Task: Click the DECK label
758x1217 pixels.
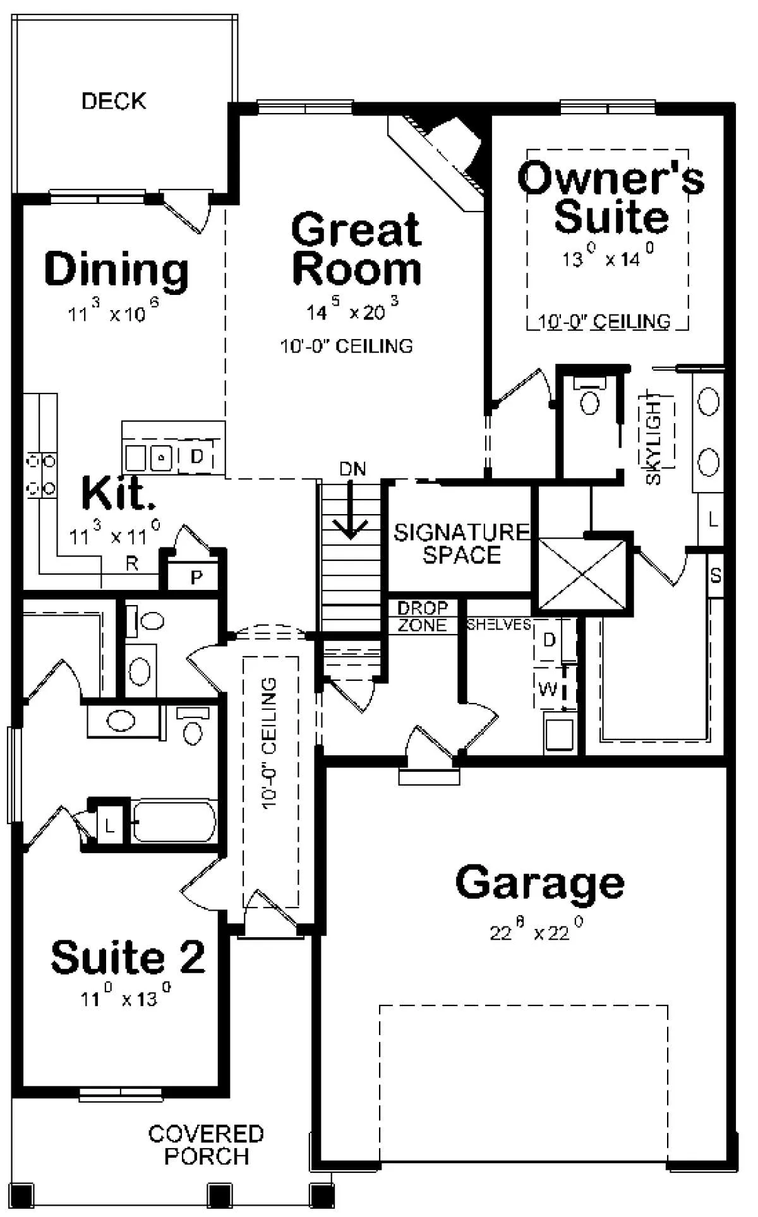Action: [114, 100]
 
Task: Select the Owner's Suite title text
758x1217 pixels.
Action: [611, 197]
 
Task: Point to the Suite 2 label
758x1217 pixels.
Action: [128, 957]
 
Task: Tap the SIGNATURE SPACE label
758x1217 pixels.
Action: [462, 543]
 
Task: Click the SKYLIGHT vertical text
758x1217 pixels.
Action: [654, 440]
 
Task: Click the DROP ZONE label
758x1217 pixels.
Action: [423, 617]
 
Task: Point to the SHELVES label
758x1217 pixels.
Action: [499, 625]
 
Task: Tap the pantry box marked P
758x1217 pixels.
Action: [196, 576]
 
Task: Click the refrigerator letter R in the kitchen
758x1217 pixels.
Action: [131, 563]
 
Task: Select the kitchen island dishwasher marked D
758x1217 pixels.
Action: [197, 456]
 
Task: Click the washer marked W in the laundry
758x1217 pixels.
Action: [548, 688]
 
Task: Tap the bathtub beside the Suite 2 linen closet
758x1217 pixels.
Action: [174, 821]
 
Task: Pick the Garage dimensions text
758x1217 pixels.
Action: [536, 931]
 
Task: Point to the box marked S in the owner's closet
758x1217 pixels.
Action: [715, 575]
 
